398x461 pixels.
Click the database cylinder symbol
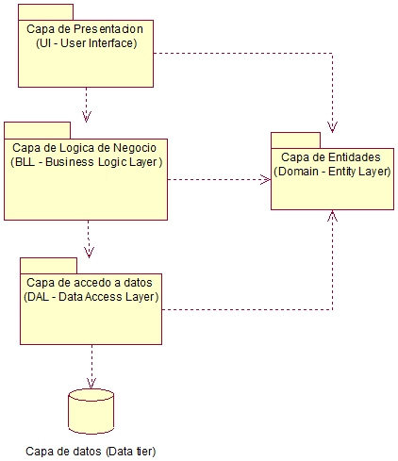91,410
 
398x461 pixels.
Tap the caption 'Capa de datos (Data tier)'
91,451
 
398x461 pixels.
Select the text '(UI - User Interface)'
86,43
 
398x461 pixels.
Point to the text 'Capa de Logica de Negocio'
85,148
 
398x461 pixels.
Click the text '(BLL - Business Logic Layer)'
87,161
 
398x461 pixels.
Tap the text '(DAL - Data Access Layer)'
91,296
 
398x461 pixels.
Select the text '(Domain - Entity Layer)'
332,173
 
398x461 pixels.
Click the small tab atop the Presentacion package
45,12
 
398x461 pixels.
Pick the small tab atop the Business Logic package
37,130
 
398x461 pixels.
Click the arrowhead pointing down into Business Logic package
88,117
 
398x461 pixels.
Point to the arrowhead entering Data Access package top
89,252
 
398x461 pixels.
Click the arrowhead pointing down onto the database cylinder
91,383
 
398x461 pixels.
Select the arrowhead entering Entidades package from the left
266,178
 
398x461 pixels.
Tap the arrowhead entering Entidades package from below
332,216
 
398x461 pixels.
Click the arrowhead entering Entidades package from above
332,126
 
